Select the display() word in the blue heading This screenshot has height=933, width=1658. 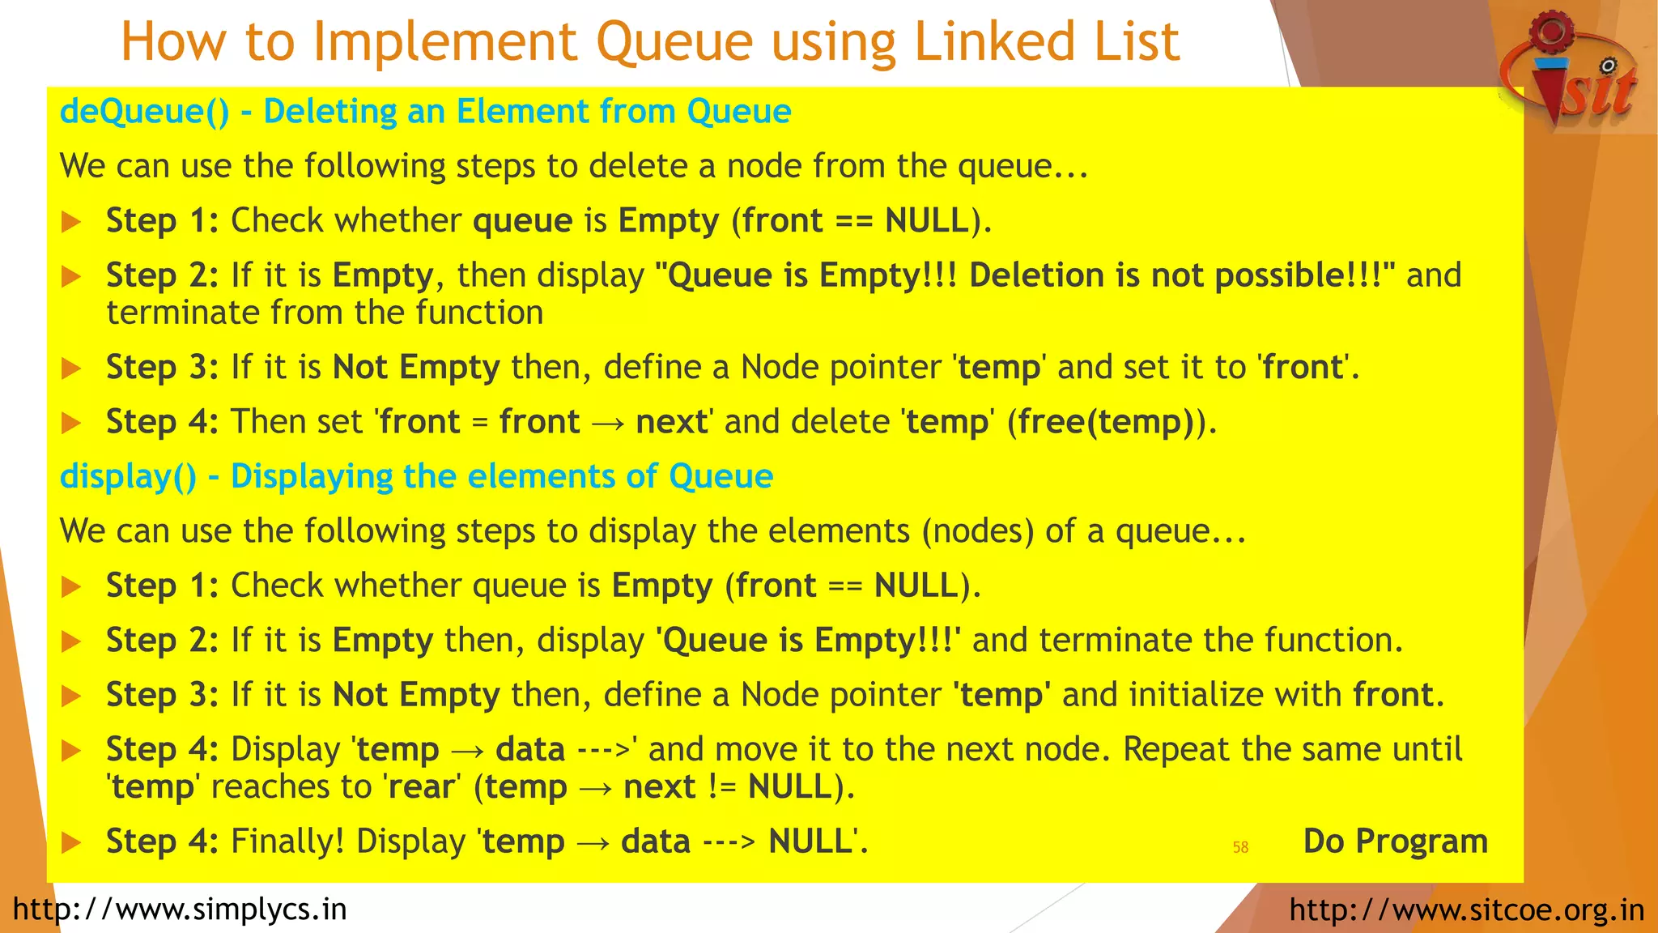(128, 477)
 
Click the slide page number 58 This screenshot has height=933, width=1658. (1240, 847)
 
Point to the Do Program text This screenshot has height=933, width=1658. (1395, 841)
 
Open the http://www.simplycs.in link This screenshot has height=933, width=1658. (180, 910)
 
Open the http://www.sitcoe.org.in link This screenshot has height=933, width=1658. (1466, 910)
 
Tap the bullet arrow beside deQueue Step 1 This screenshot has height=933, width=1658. (71, 221)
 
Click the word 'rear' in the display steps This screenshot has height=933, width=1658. (421, 787)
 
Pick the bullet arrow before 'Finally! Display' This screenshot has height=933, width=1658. (71, 842)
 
